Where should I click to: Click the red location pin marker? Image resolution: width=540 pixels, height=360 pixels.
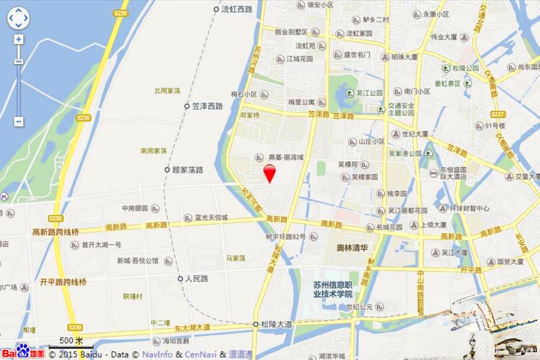[270, 173]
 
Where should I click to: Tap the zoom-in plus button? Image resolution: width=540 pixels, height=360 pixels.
[19, 40]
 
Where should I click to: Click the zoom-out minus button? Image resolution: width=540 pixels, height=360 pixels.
[19, 121]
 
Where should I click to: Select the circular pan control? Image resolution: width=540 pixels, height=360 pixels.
[18, 18]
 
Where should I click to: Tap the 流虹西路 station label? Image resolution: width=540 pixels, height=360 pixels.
[236, 10]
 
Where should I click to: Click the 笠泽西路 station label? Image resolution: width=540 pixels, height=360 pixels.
[207, 106]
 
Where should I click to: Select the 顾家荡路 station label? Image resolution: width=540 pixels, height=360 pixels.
[187, 170]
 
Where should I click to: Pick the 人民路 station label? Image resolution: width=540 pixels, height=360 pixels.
[196, 279]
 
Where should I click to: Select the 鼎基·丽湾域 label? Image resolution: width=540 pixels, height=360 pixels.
[286, 157]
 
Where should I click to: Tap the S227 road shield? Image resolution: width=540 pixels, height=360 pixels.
[497, 114]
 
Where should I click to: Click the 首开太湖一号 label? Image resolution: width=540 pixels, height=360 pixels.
[101, 245]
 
